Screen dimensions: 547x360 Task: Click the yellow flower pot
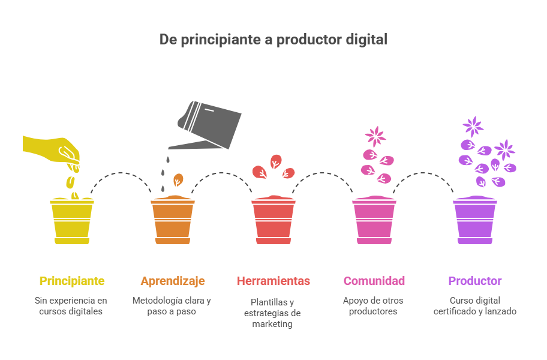tap(72, 220)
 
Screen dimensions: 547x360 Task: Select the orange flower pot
tap(173, 220)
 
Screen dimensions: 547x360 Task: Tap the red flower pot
tap(273, 220)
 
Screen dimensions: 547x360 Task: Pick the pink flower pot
tap(374, 220)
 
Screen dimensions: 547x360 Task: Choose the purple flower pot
tap(475, 220)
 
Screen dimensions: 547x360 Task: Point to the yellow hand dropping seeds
tap(52, 151)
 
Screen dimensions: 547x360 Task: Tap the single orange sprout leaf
tap(178, 180)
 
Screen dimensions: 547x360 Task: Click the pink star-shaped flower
tap(375, 136)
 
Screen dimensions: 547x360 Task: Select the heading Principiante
tap(72, 281)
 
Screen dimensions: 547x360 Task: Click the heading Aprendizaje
tap(173, 281)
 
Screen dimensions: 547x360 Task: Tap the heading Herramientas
tap(273, 281)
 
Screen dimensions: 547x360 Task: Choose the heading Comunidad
tap(374, 281)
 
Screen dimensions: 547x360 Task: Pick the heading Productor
tap(475, 281)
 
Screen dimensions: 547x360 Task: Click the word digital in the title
tap(366, 40)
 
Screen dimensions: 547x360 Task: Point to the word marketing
tap(272, 324)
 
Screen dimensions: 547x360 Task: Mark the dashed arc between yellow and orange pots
tap(121, 173)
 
